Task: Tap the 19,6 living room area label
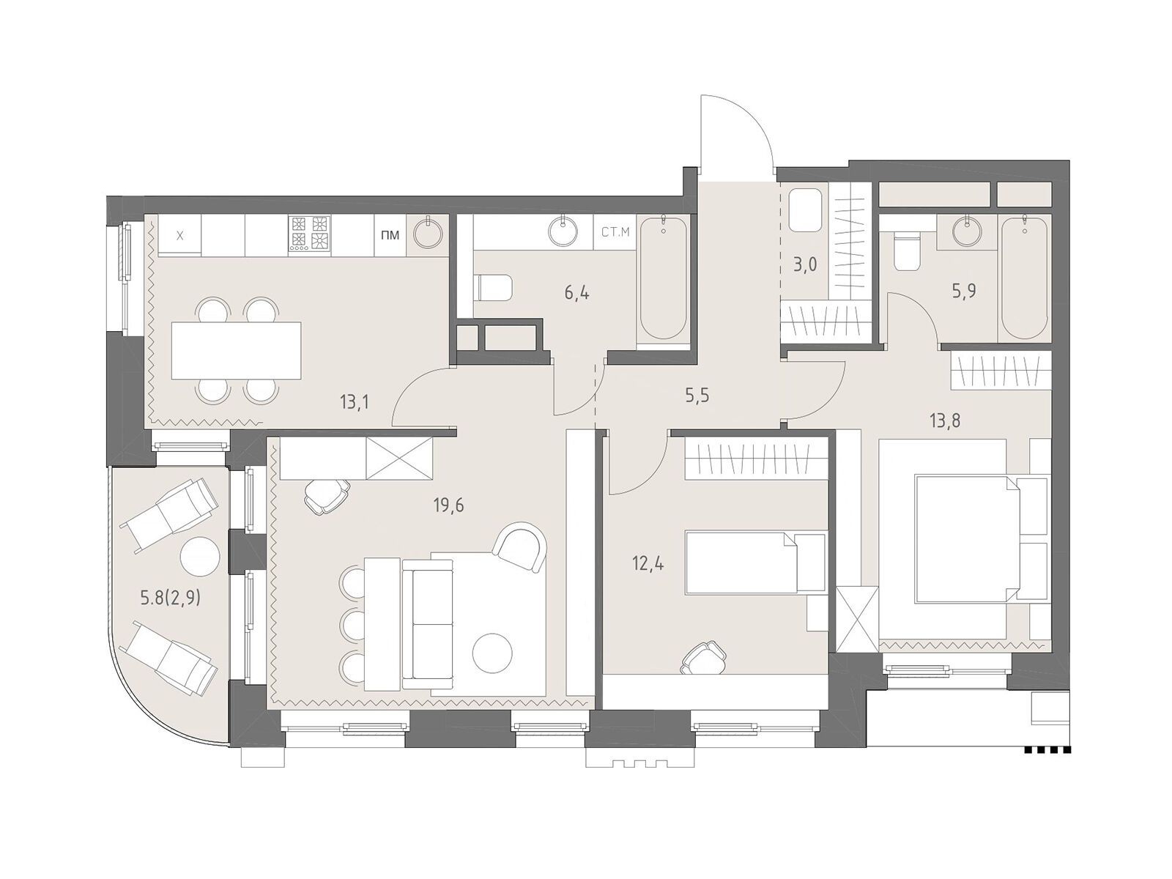click(x=448, y=505)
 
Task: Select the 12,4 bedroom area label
click(x=650, y=563)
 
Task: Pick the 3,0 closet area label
click(x=804, y=264)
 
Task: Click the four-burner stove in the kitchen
click(x=309, y=233)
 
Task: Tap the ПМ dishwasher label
click(x=391, y=235)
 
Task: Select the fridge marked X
click(x=180, y=235)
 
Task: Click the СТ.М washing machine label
click(x=615, y=232)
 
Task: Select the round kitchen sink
click(x=429, y=233)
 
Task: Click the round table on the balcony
click(x=200, y=555)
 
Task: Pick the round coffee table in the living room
click(x=492, y=652)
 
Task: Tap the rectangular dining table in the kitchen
click(x=236, y=350)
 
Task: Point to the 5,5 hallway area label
click(x=698, y=396)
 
